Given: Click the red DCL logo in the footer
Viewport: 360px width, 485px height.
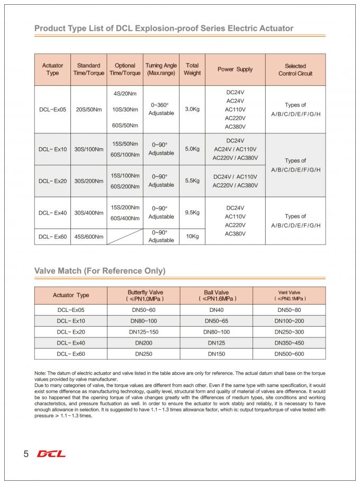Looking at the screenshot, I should click(51, 454).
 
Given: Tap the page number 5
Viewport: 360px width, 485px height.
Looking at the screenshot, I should click(25, 454).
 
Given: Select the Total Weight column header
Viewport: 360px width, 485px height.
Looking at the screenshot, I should click(192, 69).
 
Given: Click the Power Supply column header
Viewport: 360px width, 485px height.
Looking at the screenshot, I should click(235, 69).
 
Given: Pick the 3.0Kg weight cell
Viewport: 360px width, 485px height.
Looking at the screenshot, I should click(192, 109).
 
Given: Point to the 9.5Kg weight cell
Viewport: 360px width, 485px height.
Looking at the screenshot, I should click(192, 212).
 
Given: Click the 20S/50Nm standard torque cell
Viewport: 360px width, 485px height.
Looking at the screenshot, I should click(89, 109).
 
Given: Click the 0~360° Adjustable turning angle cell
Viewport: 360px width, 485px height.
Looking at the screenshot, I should click(161, 109).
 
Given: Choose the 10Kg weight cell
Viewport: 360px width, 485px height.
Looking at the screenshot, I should click(192, 236).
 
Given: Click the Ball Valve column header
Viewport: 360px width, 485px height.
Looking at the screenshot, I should click(217, 295).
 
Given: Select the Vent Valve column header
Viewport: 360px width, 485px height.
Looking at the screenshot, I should click(289, 295).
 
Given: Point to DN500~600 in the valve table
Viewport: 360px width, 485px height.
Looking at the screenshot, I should click(289, 354).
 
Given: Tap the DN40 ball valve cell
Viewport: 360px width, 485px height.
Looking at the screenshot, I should click(217, 310).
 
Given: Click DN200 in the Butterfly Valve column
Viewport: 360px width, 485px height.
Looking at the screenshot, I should click(143, 343).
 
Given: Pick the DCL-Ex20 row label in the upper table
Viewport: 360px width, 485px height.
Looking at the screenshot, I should click(52, 181).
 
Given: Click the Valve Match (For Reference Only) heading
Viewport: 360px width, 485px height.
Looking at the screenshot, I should click(100, 271).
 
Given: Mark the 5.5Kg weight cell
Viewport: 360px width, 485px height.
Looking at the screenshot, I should click(192, 181).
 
